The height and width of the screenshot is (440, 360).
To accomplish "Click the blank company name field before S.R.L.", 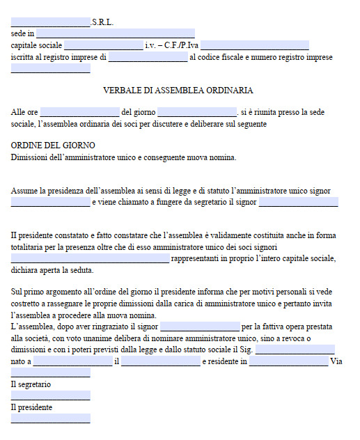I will [x=51, y=22].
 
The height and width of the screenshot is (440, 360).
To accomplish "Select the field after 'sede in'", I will [x=116, y=33].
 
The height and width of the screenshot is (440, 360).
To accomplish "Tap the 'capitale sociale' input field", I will [x=103, y=45].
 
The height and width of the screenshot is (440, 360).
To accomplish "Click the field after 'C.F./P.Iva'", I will [x=254, y=45].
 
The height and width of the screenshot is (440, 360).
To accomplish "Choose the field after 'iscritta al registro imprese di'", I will [x=148, y=57].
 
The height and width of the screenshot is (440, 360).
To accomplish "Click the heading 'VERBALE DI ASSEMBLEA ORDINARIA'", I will [x=178, y=91].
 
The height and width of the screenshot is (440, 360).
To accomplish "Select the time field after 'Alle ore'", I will [x=79, y=112].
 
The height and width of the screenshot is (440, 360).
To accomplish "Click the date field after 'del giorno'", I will [x=197, y=112].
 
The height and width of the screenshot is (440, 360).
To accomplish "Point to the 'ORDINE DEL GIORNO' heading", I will [x=53, y=146].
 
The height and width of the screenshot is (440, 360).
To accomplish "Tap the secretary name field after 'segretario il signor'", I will [x=298, y=203].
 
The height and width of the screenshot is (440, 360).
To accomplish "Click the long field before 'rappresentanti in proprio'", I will [x=90, y=259].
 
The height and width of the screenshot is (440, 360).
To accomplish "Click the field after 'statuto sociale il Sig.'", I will [x=295, y=349].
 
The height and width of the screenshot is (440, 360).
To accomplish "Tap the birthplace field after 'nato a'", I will [x=72, y=361].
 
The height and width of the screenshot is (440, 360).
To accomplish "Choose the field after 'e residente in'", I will [x=288, y=361].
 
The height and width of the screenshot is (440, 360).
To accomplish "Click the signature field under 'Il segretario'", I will [x=51, y=395].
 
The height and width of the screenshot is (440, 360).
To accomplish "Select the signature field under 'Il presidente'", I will [x=51, y=418].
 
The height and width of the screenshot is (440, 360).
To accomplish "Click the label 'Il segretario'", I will [x=31, y=384].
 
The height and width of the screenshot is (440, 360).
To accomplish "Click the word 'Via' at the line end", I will [x=337, y=361].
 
